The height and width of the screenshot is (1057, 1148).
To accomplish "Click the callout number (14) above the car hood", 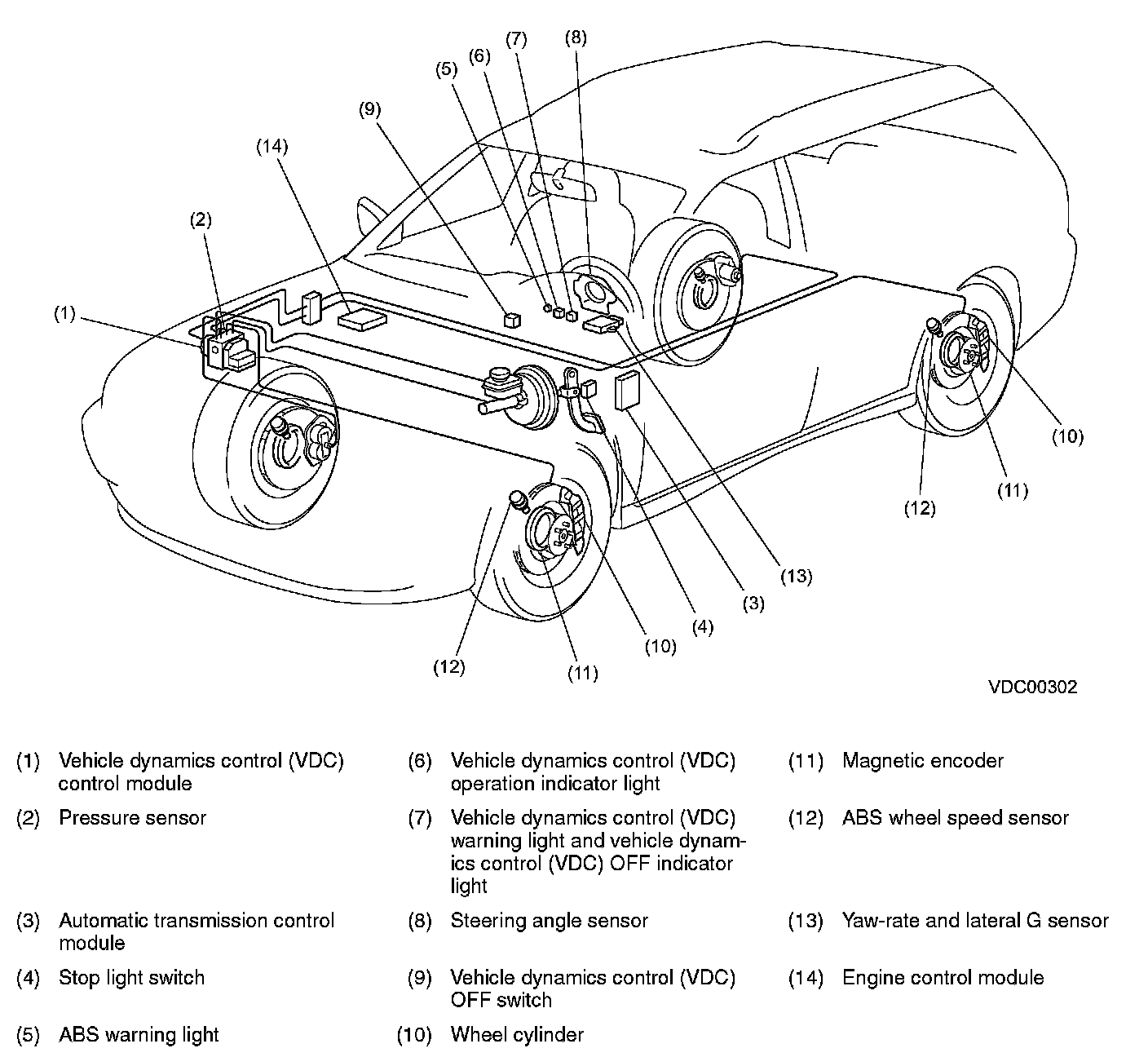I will click(x=272, y=146).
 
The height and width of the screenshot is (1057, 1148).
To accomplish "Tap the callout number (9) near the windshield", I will click(x=369, y=109).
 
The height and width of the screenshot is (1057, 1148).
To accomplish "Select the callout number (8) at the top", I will click(x=575, y=37).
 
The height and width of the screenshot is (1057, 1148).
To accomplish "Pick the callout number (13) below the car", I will click(x=796, y=576).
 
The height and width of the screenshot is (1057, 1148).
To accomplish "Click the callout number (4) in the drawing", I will click(x=702, y=627).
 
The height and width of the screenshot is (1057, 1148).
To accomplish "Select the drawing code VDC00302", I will click(x=1033, y=687).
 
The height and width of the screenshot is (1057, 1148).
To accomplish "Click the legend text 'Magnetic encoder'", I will click(x=922, y=761).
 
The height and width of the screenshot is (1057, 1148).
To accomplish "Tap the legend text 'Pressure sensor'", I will click(x=132, y=818).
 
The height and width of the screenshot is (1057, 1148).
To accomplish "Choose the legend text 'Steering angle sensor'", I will click(x=549, y=921).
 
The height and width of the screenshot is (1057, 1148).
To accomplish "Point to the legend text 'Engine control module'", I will click(x=943, y=978).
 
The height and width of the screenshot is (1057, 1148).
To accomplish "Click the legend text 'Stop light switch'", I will click(x=131, y=978).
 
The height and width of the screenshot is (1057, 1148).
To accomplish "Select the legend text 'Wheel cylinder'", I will click(x=517, y=1035).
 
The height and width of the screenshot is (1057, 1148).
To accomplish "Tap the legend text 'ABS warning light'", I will click(x=139, y=1035).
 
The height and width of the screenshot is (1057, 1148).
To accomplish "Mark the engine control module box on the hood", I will click(x=361, y=319).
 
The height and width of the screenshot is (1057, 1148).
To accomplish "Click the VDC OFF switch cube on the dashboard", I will click(x=511, y=319).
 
